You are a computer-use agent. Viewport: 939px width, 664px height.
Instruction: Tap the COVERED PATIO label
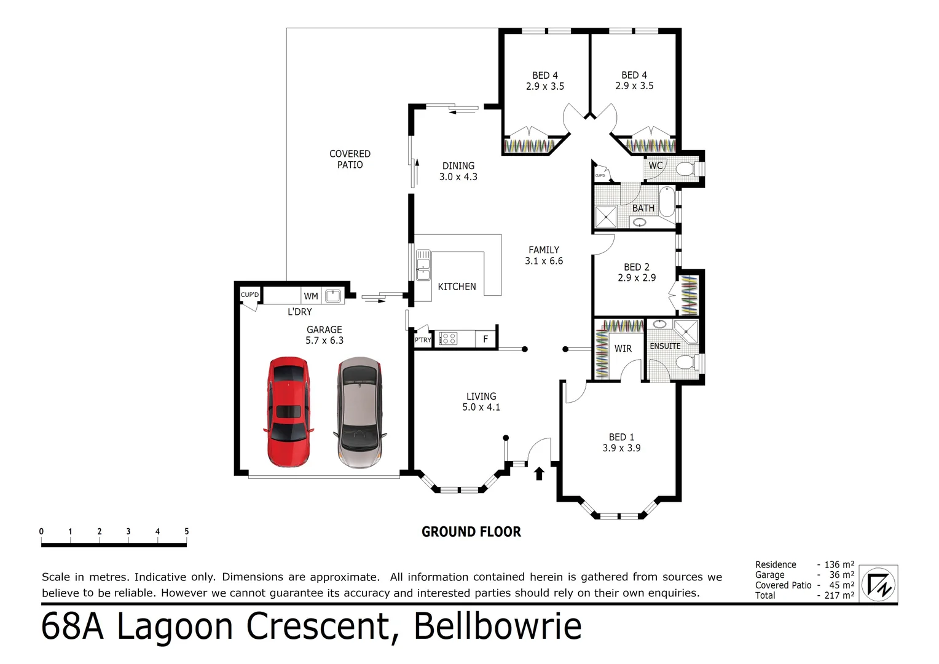click(350, 159)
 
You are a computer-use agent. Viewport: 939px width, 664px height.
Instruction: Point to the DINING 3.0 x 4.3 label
click(458, 171)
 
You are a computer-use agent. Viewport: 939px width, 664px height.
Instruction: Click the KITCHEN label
click(457, 287)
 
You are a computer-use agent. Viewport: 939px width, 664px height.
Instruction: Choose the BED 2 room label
click(637, 272)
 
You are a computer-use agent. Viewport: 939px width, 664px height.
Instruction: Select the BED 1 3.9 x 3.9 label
click(621, 443)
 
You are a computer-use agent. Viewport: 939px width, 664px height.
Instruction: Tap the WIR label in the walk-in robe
click(623, 349)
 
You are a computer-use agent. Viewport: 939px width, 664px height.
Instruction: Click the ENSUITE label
click(665, 346)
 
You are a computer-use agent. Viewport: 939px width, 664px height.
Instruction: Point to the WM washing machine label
click(311, 296)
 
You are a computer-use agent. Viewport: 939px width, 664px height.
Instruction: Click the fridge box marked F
click(485, 339)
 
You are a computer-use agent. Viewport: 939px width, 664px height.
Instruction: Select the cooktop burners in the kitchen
click(448, 338)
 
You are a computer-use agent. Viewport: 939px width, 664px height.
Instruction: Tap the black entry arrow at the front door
click(540, 473)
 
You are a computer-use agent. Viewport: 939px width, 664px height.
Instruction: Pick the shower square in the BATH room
click(605, 216)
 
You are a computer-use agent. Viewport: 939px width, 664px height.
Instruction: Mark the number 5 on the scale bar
click(186, 531)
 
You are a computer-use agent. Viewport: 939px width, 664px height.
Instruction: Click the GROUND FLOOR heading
click(471, 532)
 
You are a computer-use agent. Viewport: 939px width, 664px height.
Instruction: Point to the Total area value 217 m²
click(839, 595)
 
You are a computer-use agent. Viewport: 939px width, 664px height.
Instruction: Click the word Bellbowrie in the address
click(497, 626)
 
